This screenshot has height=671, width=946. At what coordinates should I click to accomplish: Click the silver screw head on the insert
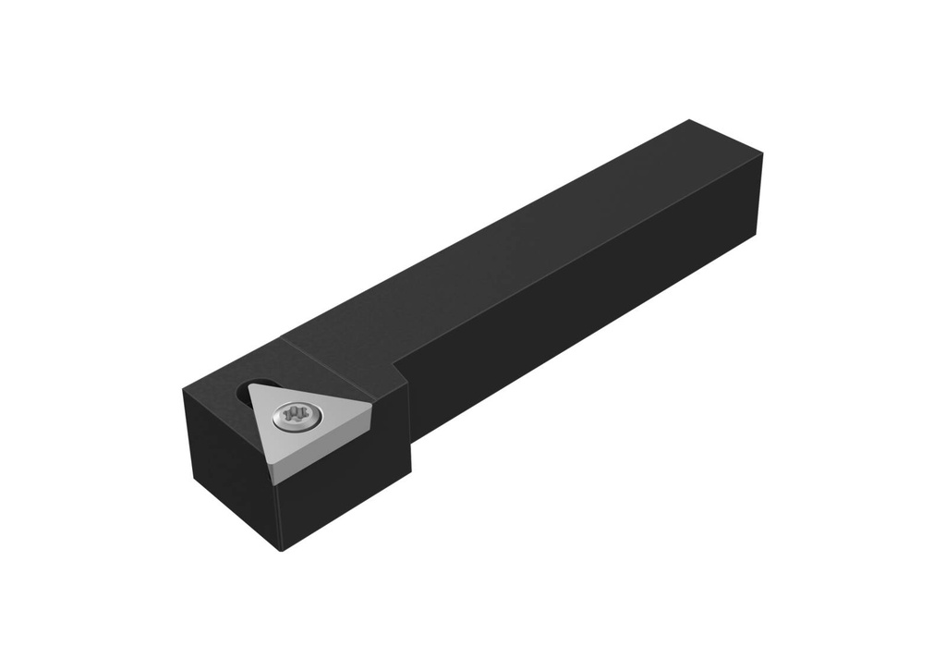click(x=296, y=416)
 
